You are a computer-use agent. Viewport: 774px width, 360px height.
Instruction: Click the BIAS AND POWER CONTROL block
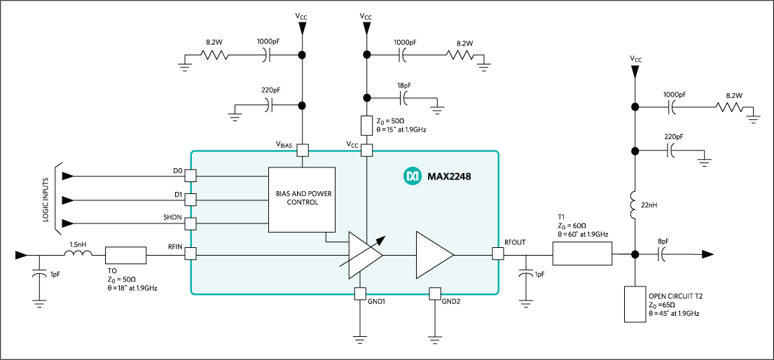(x=302, y=199)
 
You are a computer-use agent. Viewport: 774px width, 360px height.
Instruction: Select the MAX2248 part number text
(x=449, y=176)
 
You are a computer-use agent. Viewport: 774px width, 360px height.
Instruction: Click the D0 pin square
(x=190, y=175)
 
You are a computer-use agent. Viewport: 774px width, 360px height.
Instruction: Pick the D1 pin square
(x=190, y=200)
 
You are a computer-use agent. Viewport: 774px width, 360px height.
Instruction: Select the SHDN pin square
(x=190, y=224)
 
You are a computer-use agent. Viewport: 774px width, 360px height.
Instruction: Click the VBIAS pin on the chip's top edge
(x=303, y=151)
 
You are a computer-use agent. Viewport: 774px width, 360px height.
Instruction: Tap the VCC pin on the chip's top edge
(x=366, y=151)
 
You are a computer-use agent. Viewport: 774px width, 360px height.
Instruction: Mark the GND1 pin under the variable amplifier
(x=360, y=293)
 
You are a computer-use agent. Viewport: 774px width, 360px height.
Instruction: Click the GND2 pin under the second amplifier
(x=434, y=293)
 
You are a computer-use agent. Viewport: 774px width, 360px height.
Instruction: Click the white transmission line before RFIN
(x=126, y=255)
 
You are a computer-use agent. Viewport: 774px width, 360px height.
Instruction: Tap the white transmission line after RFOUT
(x=582, y=254)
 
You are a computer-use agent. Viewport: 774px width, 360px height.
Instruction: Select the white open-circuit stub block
(x=635, y=303)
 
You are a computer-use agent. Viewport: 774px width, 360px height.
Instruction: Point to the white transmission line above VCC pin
(x=366, y=125)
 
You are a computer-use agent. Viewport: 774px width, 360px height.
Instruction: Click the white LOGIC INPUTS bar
(x=59, y=199)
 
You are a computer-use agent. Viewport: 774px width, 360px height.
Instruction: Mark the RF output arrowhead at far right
(x=709, y=254)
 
